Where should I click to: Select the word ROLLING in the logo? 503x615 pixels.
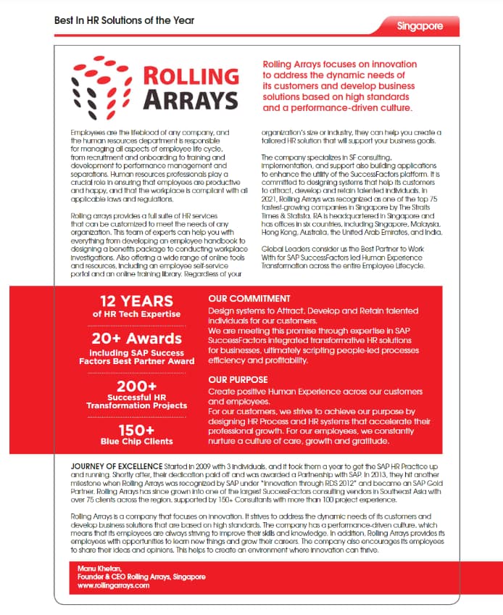tap(190, 75)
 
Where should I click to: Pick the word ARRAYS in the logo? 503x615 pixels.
tap(190, 99)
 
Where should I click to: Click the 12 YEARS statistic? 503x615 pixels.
tap(137, 300)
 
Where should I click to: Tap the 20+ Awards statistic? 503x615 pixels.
tap(137, 338)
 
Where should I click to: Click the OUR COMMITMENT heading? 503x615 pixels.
tap(248, 298)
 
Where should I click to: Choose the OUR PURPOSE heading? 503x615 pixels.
tap(238, 379)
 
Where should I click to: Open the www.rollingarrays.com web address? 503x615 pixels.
tap(113, 585)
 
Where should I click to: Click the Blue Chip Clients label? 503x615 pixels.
tap(137, 441)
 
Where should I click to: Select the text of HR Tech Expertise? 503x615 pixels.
tap(137, 314)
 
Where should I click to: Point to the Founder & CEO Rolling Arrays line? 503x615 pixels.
tap(141, 577)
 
